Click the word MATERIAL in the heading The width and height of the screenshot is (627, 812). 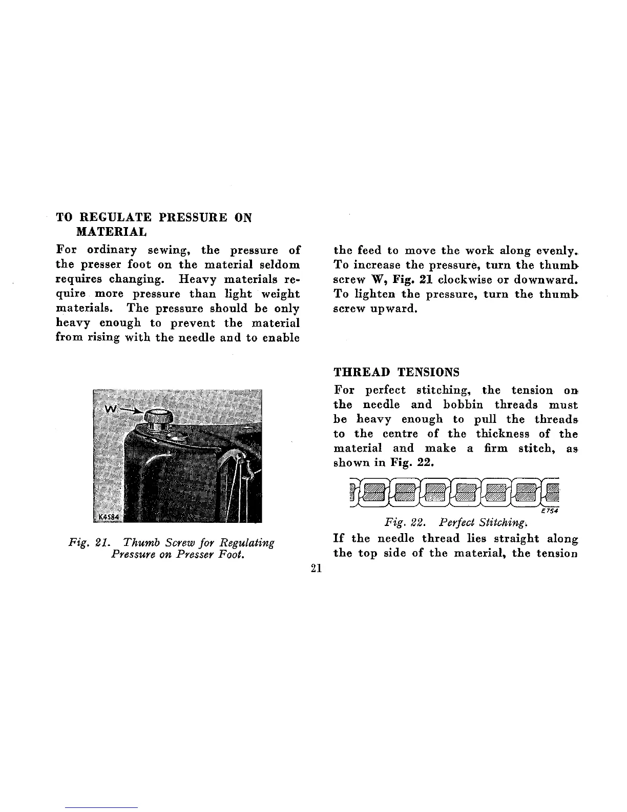(x=111, y=232)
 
